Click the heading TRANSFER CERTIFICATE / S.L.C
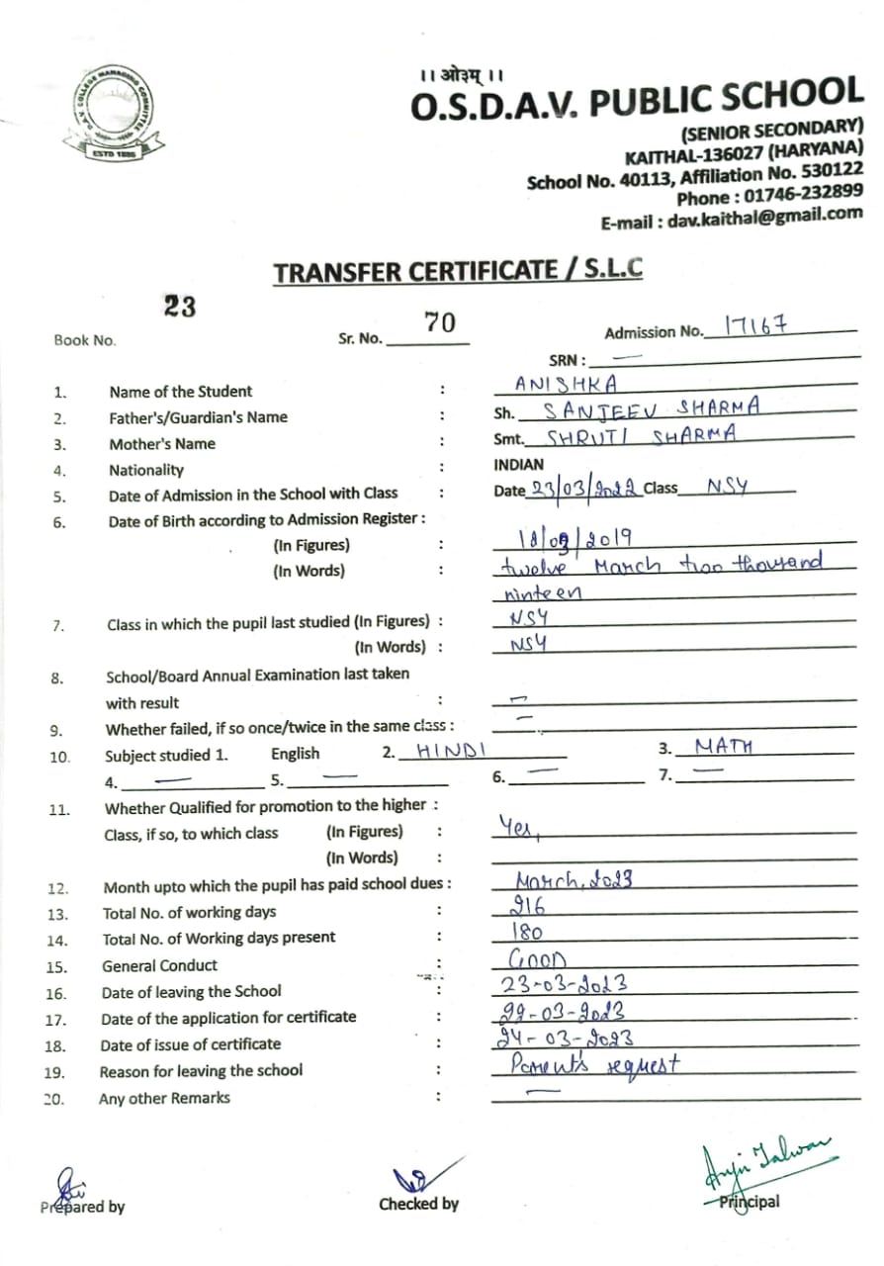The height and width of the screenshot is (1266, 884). coord(457,270)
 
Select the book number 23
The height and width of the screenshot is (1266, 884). coord(180,307)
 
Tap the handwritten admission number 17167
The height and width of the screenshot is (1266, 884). coord(755,325)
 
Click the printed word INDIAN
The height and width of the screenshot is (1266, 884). coord(518,464)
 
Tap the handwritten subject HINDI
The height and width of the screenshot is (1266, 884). coord(451,751)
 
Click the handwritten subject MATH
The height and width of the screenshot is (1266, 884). coord(723,746)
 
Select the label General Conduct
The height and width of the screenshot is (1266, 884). coord(159,965)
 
